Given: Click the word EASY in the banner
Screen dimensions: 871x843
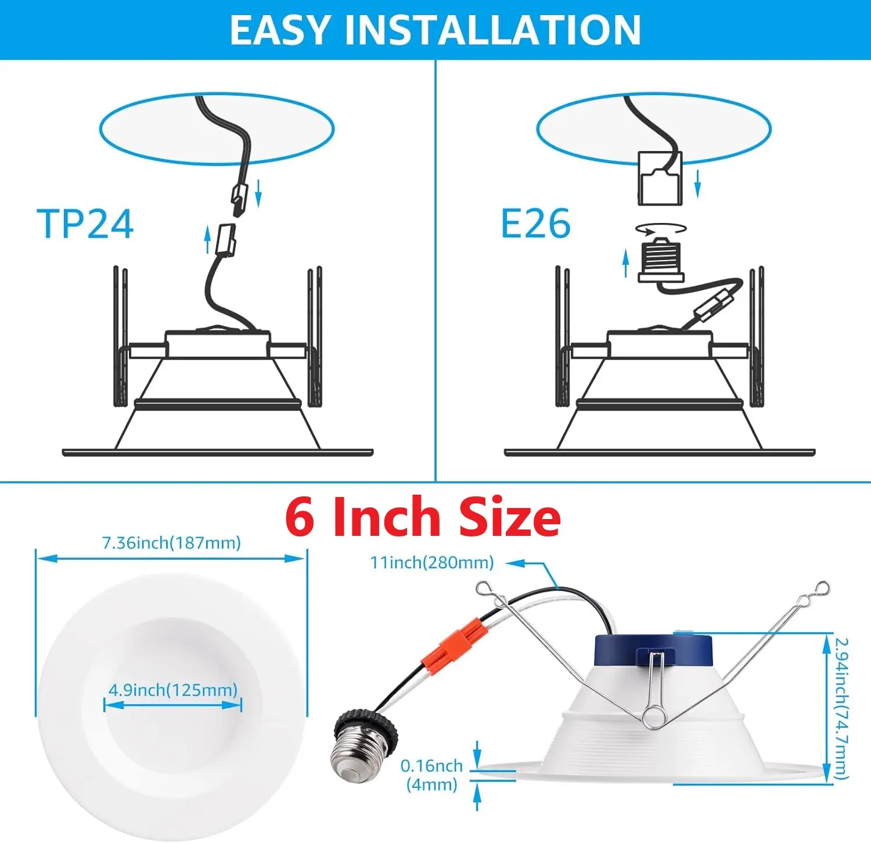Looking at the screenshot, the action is click(x=280, y=30).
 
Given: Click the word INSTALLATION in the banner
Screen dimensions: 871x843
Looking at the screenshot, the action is click(x=492, y=30).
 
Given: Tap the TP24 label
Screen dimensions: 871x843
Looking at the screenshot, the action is click(x=85, y=224).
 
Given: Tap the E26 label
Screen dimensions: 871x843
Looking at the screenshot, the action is click(x=535, y=224).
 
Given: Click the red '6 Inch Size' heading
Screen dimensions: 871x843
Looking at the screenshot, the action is click(x=423, y=517).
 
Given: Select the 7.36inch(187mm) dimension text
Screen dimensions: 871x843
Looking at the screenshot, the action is click(x=171, y=543).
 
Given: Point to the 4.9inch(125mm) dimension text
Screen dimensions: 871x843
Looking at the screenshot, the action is click(x=173, y=690).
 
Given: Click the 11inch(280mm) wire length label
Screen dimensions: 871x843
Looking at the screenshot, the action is click(x=432, y=562).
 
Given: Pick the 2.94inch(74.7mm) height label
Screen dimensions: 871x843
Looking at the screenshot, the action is click(x=842, y=708).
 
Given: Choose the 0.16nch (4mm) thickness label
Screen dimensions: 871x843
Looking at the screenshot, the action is click(x=431, y=775).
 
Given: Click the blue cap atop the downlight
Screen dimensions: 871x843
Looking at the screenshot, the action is click(x=653, y=651).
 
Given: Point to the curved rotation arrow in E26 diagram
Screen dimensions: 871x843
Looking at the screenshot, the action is click(x=661, y=229).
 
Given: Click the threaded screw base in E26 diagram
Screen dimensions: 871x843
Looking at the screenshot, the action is click(x=661, y=260).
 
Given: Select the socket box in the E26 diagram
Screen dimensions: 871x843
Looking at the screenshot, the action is click(x=660, y=178).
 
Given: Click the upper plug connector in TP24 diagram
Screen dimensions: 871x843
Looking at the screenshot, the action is click(x=240, y=194).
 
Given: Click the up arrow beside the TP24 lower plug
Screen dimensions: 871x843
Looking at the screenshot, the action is click(x=207, y=240).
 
